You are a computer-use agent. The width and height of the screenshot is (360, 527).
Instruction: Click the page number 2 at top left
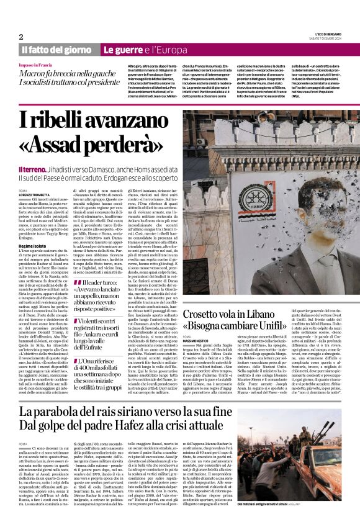tap(21, 37)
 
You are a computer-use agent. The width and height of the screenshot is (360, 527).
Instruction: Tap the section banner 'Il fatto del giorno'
tap(56, 50)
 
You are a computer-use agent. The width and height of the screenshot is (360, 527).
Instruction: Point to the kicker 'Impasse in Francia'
tap(35, 65)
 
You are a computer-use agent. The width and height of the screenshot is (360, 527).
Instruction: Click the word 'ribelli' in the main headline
tap(62, 119)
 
